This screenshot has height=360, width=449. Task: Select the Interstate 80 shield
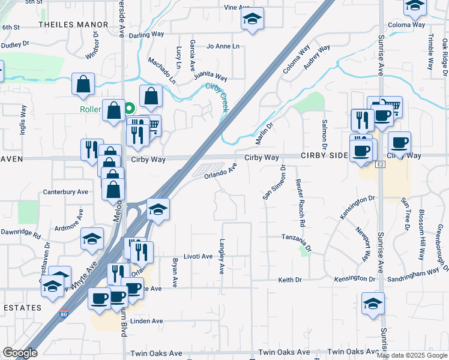pos(64,313)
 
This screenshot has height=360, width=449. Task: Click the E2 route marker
pos(379,164)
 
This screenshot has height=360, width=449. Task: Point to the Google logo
pos(20,353)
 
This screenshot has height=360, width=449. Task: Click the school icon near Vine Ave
pos(253,19)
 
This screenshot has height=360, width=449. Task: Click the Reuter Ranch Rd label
pos(301,204)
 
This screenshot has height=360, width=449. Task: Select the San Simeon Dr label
pos(274,182)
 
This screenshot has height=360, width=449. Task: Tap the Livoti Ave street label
pos(198,256)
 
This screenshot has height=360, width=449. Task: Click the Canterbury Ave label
pos(65,192)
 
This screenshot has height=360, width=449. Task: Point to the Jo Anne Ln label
pos(222,46)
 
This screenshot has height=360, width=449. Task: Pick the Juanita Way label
pos(210,77)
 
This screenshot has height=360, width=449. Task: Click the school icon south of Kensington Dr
pos(373,304)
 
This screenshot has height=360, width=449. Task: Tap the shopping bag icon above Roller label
pos(83,85)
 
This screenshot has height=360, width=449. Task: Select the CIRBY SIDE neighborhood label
pos(324,155)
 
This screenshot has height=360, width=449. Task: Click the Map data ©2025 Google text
pos(411,355)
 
